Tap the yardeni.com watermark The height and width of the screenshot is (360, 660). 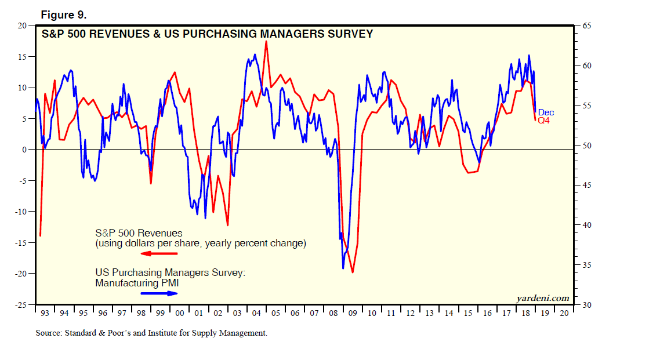[x=542, y=298]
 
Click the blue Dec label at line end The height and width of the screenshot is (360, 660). [x=546, y=112]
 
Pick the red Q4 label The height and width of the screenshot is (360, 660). [x=544, y=121]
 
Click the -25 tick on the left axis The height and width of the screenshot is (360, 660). [x=21, y=304]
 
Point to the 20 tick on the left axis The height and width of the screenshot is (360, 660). [x=23, y=26]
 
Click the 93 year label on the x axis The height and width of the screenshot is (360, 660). [x=45, y=313]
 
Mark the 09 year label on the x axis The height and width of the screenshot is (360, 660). [x=351, y=313]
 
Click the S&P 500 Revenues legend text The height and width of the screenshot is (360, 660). [x=139, y=234]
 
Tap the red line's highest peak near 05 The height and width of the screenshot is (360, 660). [x=266, y=41]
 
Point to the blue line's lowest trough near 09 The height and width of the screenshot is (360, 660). [x=343, y=268]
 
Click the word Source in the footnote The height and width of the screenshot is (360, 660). [x=49, y=333]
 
